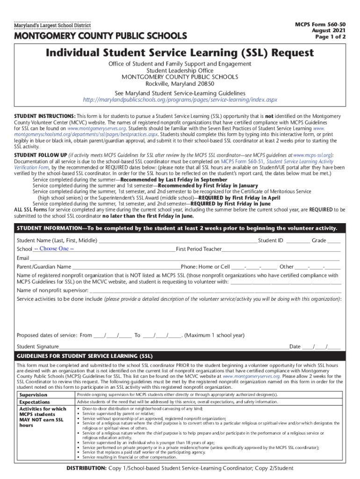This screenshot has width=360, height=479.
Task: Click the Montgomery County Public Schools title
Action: click(x=101, y=36)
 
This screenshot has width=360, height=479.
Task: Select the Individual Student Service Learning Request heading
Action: click(x=180, y=53)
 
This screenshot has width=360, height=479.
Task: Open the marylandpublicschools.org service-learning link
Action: click(x=180, y=100)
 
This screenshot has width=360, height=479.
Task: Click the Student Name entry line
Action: click(x=177, y=241)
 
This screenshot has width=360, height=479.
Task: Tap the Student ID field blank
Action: click(x=298, y=241)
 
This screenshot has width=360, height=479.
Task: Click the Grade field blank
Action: click(x=334, y=241)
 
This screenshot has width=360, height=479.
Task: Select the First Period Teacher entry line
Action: click(x=281, y=249)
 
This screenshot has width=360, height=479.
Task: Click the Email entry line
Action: click(x=185, y=258)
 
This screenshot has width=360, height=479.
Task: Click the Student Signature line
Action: click(x=173, y=347)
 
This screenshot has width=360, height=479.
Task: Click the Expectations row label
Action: click(x=34, y=402)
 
